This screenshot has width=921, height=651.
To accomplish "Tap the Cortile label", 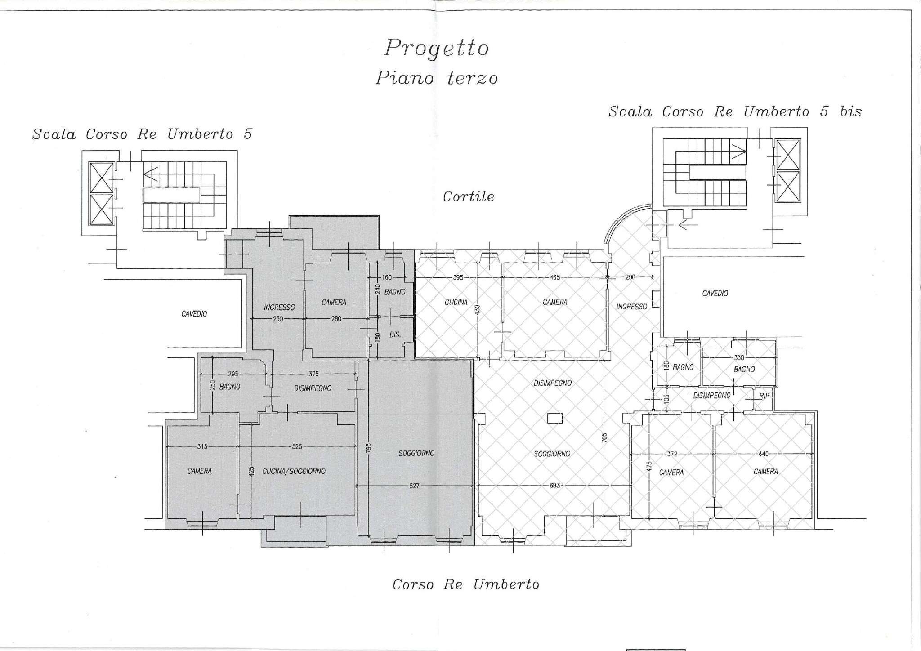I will point(468,197).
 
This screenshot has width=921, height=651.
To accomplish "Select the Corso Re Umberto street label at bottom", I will point(465,584).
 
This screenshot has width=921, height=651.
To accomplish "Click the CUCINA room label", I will point(456,303).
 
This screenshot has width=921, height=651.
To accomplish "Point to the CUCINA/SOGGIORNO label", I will point(300,471).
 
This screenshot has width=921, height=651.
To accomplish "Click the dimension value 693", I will point(554,486).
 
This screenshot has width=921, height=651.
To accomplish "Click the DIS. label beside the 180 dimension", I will point(395,335).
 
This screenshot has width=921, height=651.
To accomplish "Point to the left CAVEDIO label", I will point(194,314).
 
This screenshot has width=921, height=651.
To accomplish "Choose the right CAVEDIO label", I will point(715,294).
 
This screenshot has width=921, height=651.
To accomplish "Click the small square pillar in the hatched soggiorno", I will point(555,418).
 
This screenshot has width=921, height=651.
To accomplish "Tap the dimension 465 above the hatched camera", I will point(555,277).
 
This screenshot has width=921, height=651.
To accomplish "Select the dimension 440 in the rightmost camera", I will point(763,454).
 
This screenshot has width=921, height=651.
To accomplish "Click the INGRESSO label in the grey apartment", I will point(279,308).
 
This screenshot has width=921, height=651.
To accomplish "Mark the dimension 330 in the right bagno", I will point(739,358).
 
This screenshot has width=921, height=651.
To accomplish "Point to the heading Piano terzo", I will point(437,79).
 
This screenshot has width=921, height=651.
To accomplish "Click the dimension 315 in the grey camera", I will point(202,446).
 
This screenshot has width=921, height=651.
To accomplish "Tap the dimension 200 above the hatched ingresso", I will point(630,277).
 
